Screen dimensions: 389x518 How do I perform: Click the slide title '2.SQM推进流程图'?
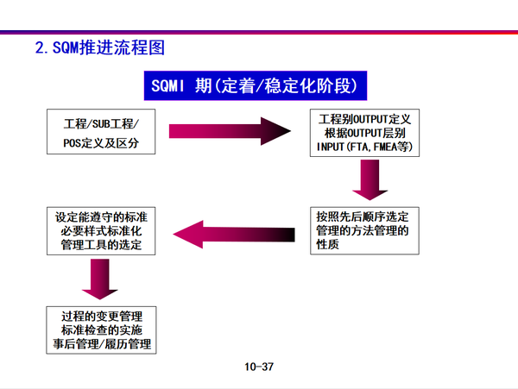coord(98,46)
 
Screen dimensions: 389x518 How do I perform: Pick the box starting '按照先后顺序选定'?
coord(367,229)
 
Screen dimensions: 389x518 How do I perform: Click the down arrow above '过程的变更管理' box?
coord(102,279)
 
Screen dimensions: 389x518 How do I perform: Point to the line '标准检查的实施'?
coord(101,329)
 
